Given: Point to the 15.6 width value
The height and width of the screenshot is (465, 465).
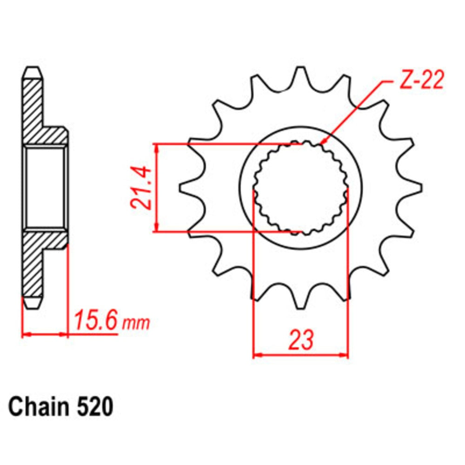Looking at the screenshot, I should pyautogui.click(x=95, y=320).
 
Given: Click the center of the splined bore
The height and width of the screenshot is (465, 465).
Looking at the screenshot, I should pyautogui.click(x=300, y=188).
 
